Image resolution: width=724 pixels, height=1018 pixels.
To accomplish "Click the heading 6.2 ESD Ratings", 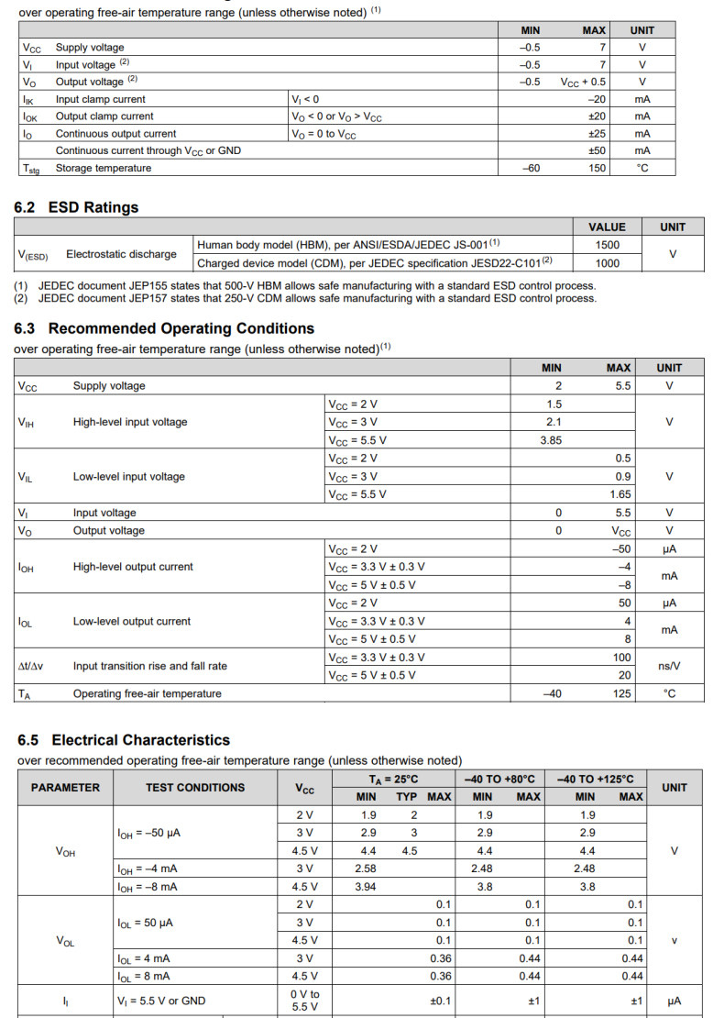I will (76, 207).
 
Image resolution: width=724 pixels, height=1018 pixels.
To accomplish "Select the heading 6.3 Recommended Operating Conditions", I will (164, 328).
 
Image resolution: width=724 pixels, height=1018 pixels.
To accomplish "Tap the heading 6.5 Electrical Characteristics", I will (124, 740).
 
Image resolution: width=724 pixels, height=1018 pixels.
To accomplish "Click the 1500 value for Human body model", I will (607, 245).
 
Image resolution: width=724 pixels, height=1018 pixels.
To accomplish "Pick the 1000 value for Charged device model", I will (607, 263).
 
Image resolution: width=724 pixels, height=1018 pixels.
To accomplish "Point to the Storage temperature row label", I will (104, 168).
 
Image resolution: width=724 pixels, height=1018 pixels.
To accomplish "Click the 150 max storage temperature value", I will (597, 168).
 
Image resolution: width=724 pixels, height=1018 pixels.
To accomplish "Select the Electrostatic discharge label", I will (121, 254).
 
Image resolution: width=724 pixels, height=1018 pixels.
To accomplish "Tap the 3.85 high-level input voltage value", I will (551, 440).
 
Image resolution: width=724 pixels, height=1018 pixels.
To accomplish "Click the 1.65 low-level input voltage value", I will (620, 494).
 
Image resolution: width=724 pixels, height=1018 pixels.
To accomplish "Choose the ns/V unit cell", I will (669, 667).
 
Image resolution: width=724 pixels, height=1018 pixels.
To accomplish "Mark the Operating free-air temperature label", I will (147, 694).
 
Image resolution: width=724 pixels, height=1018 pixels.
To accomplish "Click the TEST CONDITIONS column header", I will (195, 787).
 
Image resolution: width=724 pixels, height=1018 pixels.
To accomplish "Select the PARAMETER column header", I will (65, 787).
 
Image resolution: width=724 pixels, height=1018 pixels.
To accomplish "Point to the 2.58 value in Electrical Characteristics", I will (368, 869).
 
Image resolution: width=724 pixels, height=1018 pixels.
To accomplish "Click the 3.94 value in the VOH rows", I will (368, 887).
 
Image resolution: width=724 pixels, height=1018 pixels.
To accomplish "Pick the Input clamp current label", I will (100, 99).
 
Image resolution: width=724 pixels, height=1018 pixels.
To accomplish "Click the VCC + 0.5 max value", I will (583, 82).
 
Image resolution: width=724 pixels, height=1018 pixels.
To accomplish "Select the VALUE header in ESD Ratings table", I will (607, 227).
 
